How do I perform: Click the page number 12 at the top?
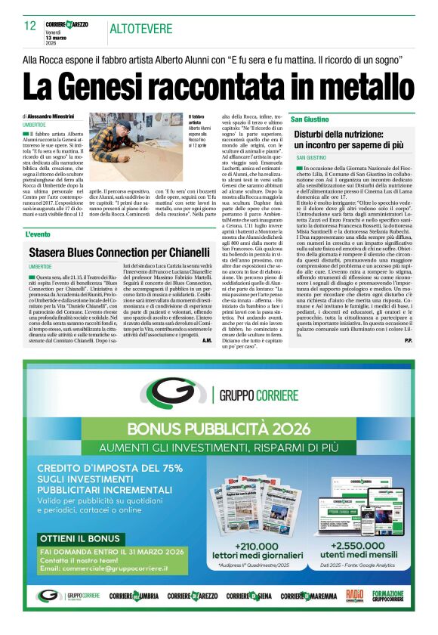[29, 26]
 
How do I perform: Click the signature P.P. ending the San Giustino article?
[408, 340]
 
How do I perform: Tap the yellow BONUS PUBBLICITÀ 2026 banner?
[218, 428]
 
